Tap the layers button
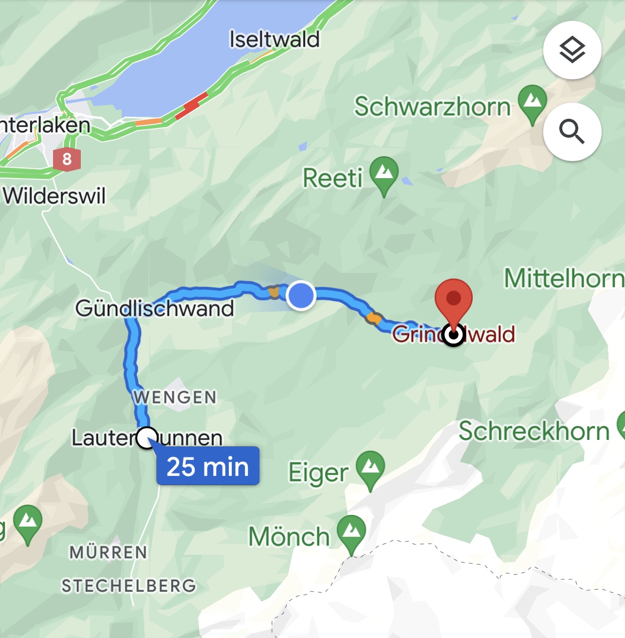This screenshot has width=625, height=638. pos(572,50)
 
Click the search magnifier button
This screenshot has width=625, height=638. pos(572,131)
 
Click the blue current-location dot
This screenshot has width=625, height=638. pos(301,295)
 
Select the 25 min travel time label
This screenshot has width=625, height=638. pos(208,466)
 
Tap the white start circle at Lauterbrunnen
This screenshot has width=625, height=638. pos(147,437)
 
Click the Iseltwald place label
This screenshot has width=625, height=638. pos(275,39)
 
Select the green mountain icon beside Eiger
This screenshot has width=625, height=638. pos(370,469)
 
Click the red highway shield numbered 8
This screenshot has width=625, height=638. pos(67,159)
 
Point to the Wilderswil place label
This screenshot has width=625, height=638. pos(55,196)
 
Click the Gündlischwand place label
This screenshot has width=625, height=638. pos(155,309)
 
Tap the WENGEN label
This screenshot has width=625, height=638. pos(175,397)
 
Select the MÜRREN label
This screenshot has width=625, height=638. pos(108,552)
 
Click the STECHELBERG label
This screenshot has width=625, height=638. pos(129,585)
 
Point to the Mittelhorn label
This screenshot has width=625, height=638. pos(564,278)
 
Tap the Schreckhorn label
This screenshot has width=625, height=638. pos(534,431)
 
